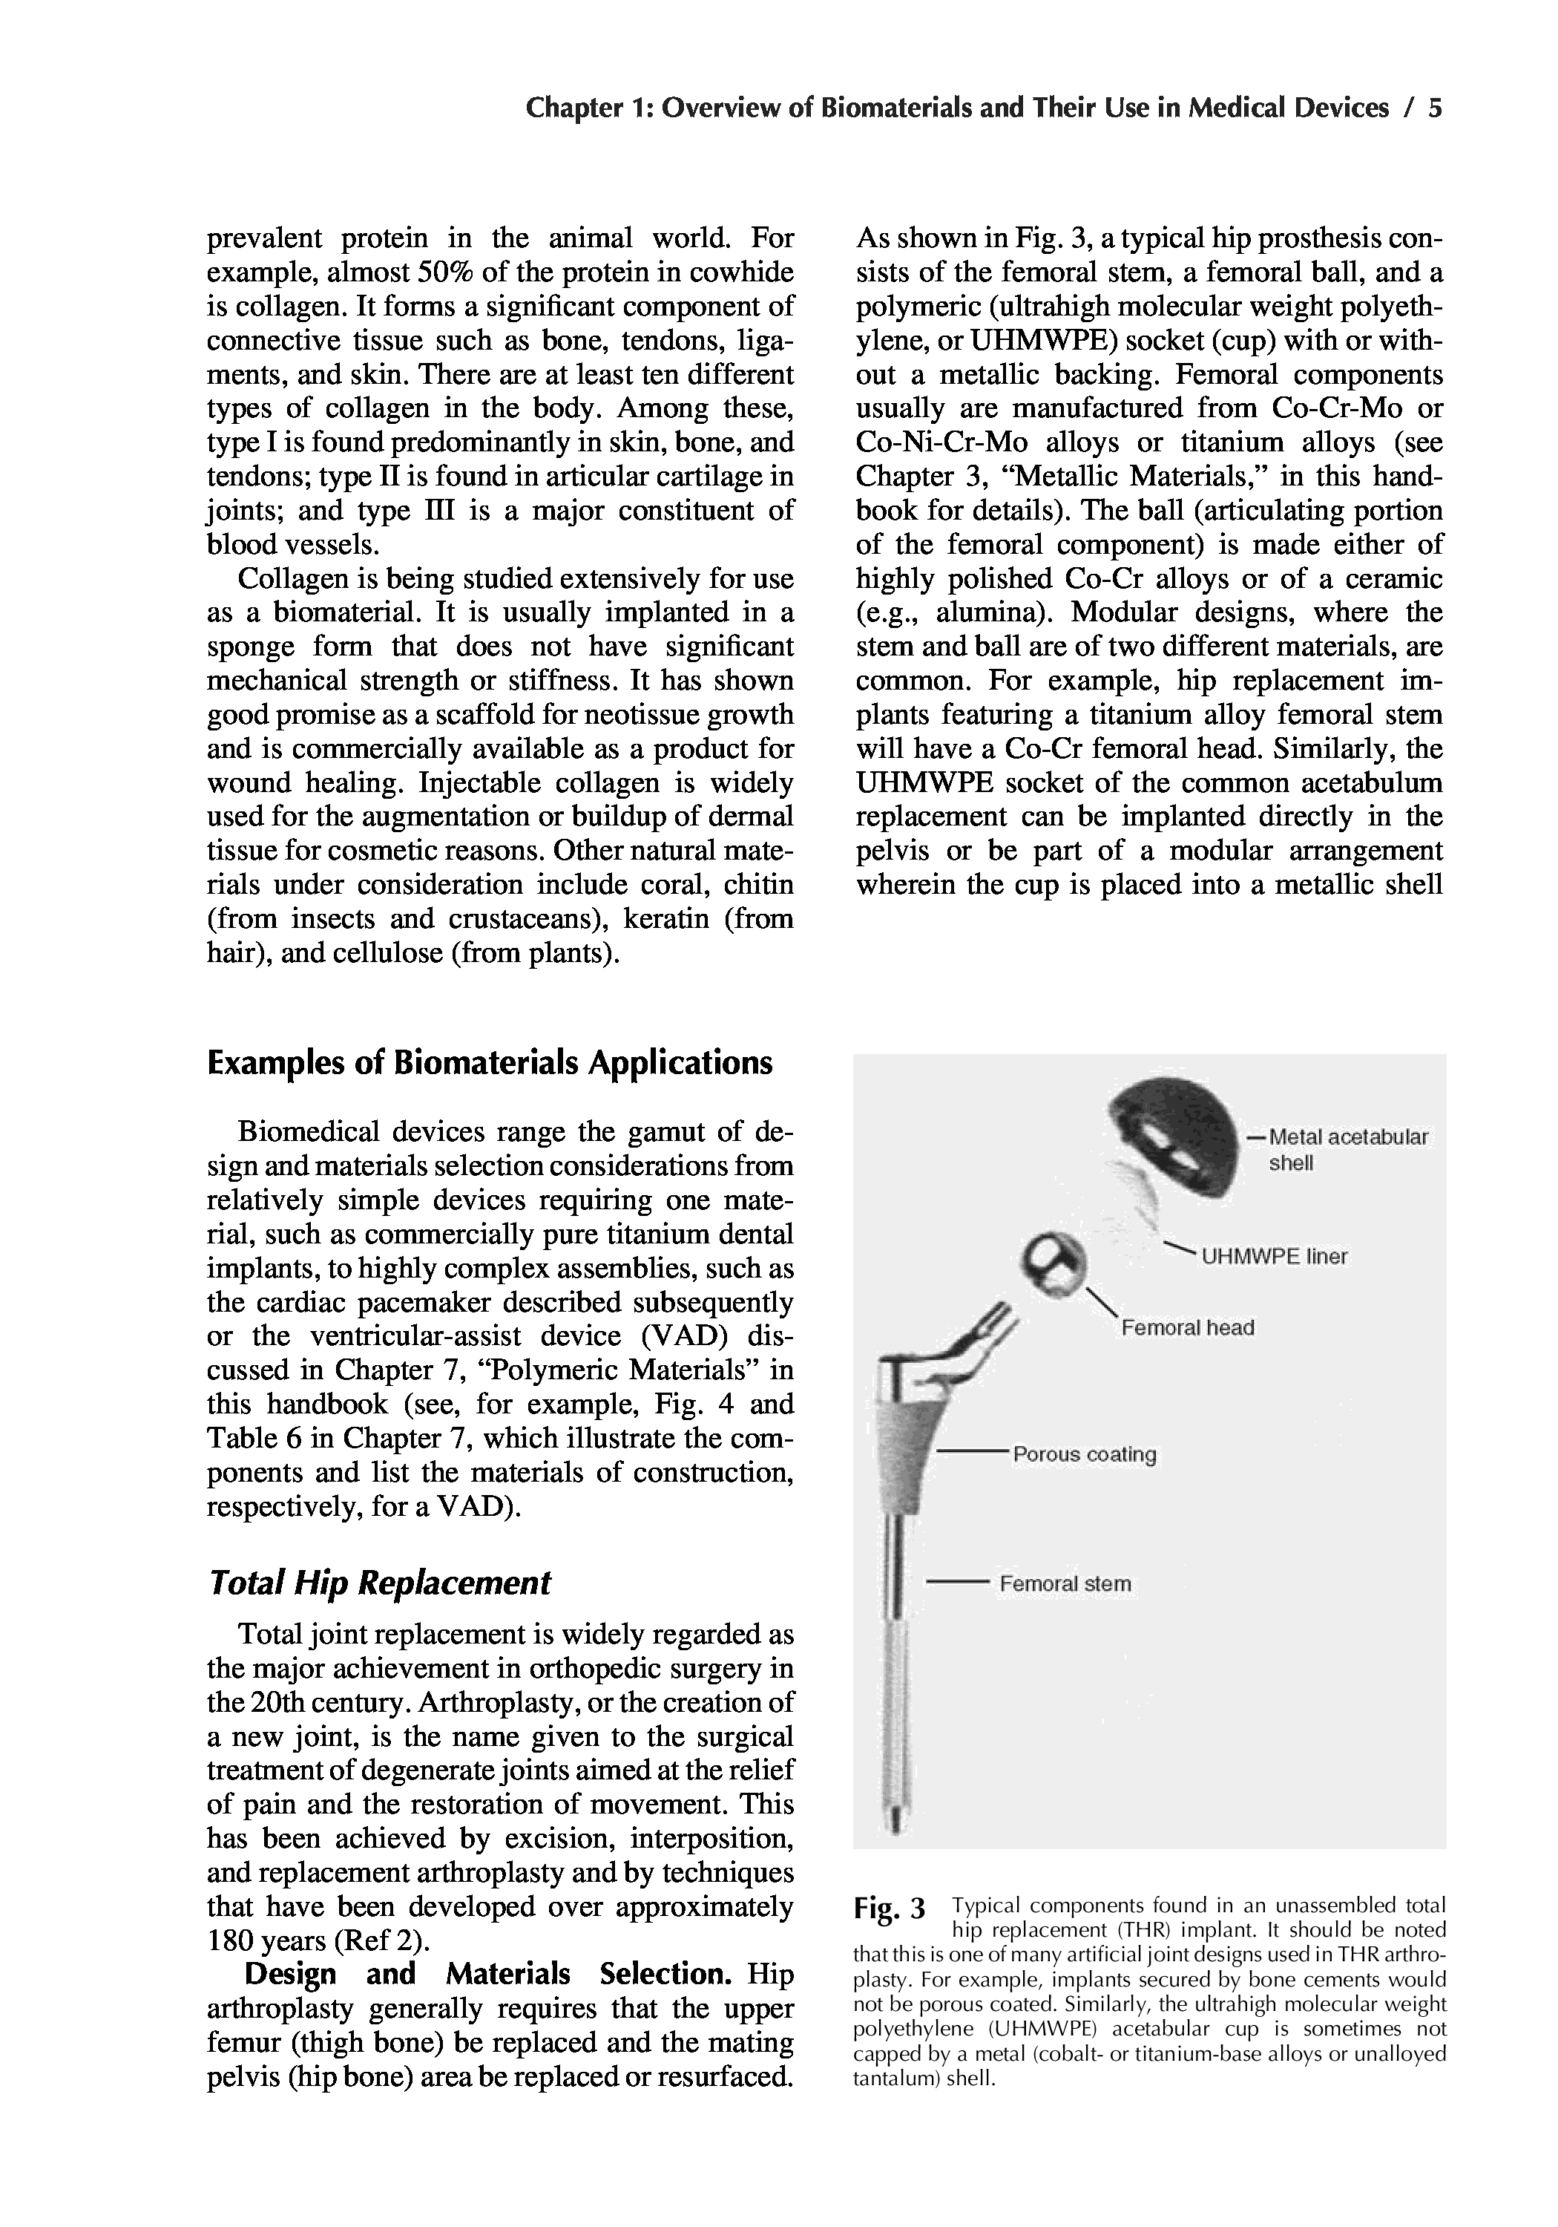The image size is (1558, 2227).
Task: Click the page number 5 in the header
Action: (1435, 108)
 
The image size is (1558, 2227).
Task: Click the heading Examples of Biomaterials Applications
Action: (490, 1063)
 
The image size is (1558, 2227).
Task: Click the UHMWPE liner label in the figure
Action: (1274, 1257)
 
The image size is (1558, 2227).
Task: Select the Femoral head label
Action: (1187, 1328)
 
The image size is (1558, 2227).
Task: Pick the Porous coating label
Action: (1084, 1455)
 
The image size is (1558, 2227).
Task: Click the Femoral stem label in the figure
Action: (1065, 1584)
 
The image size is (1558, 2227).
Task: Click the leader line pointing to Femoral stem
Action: (955, 1584)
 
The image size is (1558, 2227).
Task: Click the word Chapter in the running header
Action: (570, 108)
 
